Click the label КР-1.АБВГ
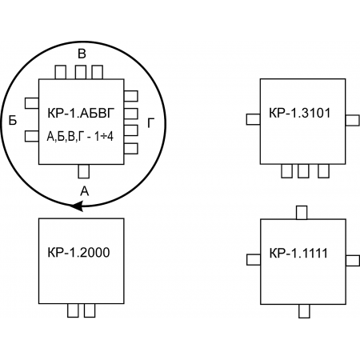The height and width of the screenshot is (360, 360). click(81, 113)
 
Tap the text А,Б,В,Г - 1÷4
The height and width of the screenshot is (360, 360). click(80, 137)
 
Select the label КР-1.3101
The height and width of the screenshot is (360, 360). click(300, 113)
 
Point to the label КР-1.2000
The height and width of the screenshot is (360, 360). click(78, 252)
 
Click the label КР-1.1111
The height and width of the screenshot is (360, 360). click(298, 253)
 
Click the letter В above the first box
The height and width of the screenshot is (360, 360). click(82, 54)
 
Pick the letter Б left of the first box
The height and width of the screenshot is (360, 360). click(13, 120)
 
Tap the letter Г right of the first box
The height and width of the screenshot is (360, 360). click(150, 123)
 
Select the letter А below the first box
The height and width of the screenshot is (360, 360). click(85, 191)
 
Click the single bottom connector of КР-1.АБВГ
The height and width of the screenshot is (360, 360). click(84, 171)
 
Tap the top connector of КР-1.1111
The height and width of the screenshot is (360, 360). click(302, 213)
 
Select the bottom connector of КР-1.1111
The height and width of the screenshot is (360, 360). click(304, 311)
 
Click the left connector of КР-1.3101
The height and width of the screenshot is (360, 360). click(254, 119)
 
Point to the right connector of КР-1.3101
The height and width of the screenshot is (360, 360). click(352, 120)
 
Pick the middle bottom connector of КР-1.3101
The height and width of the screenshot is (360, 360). click(303, 171)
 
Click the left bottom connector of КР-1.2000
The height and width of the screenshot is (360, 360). click(73, 310)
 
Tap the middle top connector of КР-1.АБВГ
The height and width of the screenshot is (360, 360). click(81, 72)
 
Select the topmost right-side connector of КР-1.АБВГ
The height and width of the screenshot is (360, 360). click(131, 96)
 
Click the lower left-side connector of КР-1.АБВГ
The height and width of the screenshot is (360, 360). click(32, 136)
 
